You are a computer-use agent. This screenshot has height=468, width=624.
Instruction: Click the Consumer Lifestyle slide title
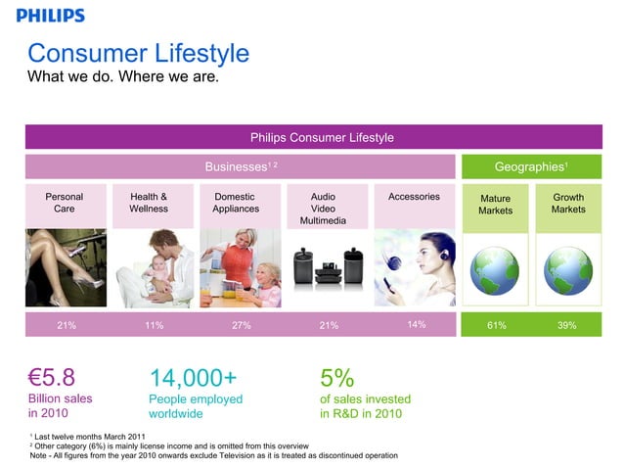138,53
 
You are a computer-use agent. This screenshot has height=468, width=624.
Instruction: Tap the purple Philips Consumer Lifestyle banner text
322,137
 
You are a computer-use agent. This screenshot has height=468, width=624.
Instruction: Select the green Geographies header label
532,166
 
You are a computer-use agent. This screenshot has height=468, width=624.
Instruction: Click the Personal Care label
65,203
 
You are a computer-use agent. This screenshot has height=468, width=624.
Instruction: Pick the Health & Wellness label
149,203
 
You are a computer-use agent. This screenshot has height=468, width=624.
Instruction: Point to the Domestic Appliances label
236,203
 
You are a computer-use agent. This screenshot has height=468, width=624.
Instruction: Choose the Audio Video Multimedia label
323,209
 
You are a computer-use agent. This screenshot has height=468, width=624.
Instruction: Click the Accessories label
414,197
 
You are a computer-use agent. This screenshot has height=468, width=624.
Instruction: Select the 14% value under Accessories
415,325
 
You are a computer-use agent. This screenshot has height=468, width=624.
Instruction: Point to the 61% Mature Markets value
496,326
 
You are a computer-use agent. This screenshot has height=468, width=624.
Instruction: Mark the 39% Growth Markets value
567,326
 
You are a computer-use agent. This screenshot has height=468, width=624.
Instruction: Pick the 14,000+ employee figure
193,378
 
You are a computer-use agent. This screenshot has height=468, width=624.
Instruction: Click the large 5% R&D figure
336,378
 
